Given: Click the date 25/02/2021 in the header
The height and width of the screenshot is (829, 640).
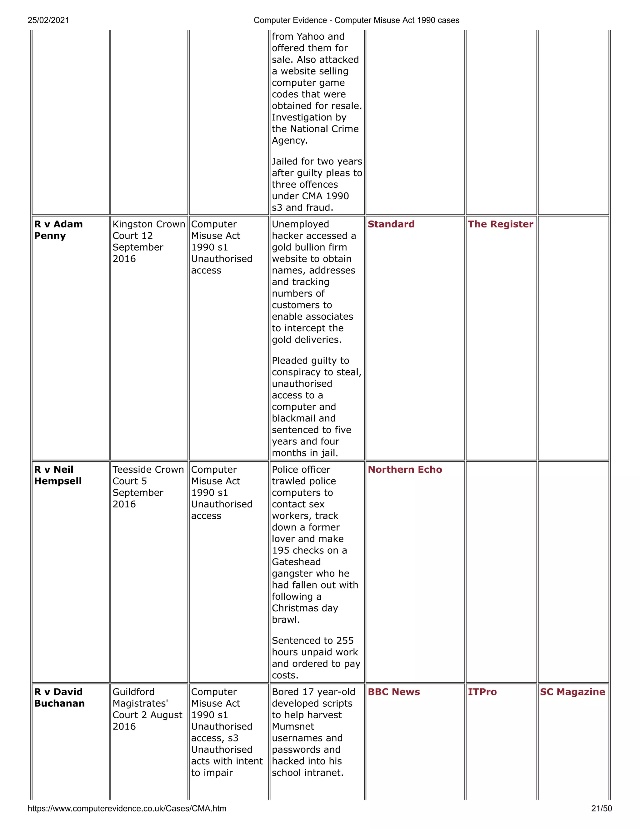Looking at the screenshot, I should [x=48, y=20].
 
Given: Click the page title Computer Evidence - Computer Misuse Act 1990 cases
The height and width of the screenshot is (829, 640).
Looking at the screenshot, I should [x=356, y=20].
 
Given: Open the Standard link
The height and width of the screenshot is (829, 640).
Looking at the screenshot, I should [x=391, y=224].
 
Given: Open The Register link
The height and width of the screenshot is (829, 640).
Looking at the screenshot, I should [x=500, y=224].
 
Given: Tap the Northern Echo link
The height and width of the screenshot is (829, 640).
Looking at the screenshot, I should [x=405, y=470].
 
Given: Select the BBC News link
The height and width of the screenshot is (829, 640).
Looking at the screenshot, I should [x=393, y=692].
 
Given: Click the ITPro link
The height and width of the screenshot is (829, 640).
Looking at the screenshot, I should [x=482, y=692].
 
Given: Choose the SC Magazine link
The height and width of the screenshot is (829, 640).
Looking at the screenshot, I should [x=572, y=692].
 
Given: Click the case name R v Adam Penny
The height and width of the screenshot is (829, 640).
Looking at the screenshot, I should [x=58, y=230].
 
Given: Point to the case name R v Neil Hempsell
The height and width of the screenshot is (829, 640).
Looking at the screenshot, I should [x=57, y=475].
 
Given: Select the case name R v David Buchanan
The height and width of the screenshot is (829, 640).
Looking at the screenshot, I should [x=59, y=697].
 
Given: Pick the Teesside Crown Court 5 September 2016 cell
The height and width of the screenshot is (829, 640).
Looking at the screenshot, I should [x=148, y=487].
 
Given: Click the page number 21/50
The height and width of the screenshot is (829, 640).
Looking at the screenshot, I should [x=601, y=808].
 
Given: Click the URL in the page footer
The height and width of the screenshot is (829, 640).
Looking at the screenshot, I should [x=127, y=808].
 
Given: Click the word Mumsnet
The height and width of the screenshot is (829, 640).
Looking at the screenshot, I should [x=293, y=726].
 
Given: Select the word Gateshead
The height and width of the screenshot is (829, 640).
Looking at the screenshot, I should [x=296, y=562].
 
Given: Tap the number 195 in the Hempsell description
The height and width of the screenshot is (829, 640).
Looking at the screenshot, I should [x=281, y=550].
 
